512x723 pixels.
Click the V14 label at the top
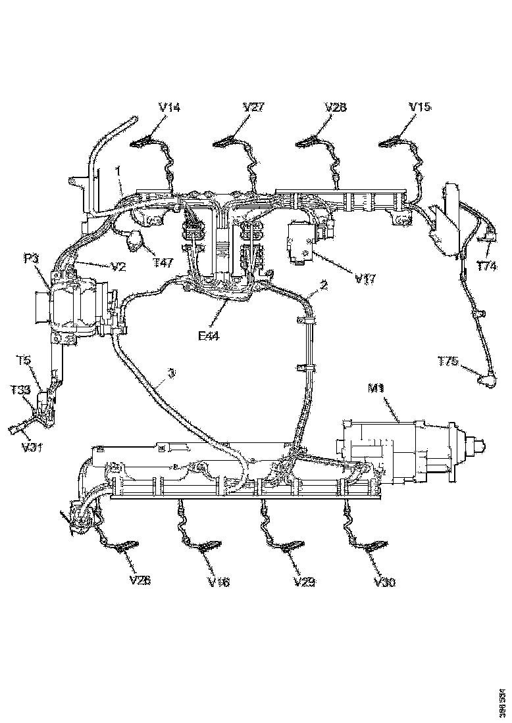click(169, 107)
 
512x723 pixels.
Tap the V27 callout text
click(253, 107)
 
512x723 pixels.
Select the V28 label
click(336, 106)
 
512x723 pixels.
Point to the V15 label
click(420, 106)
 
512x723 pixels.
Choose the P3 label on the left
click(33, 259)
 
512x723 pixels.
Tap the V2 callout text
click(117, 266)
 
